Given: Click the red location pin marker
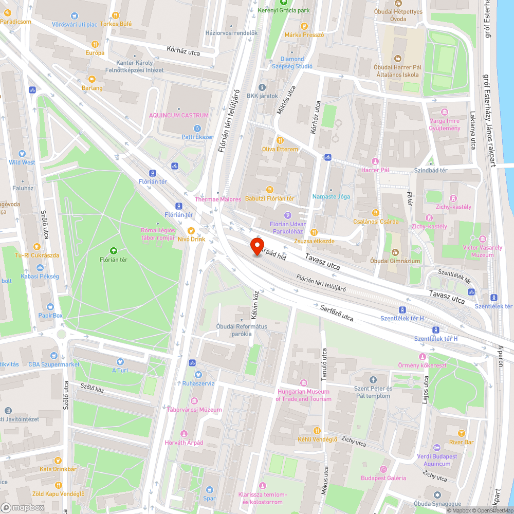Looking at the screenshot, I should (256, 246).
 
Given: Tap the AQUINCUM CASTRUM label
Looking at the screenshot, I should (179, 115).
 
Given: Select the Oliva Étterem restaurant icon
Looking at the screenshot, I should (280, 140).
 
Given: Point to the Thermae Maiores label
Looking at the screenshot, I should (218, 199).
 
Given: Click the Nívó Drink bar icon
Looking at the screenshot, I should (191, 230).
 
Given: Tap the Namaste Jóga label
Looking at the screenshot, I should (331, 197).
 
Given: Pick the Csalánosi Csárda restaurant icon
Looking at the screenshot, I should (376, 212).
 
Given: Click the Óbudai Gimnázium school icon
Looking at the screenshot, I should (395, 252).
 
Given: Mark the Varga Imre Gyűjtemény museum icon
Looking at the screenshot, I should (445, 112).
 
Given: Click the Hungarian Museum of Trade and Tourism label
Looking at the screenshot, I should (303, 395).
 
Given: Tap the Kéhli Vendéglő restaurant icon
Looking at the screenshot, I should (318, 430).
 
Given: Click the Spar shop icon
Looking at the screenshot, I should (209, 490).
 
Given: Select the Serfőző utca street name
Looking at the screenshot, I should (337, 313).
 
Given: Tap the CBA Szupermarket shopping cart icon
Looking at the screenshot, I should (53, 356).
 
